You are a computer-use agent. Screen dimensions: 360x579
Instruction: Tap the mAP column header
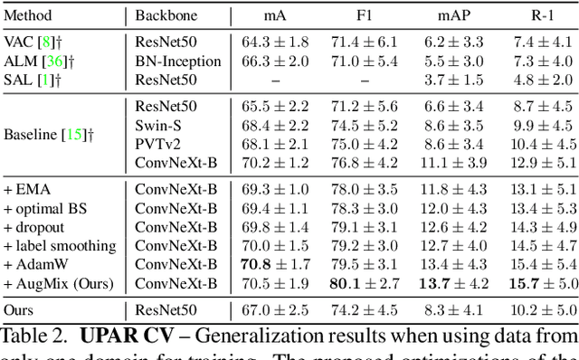coord(455,15)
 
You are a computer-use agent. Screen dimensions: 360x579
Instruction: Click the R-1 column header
coord(544,15)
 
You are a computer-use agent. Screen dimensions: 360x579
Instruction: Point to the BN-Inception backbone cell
coord(178,61)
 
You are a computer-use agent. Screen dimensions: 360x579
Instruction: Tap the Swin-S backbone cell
coord(158,126)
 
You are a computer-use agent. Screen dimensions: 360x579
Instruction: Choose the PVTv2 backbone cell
coord(157,144)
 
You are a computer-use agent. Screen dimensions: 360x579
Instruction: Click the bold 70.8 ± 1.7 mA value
coord(276,264)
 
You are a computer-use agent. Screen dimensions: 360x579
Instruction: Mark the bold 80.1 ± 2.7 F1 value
coord(365,283)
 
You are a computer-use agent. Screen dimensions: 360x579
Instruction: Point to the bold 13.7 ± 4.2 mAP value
coord(455,283)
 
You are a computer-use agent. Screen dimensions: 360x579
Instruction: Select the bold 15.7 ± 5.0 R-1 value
coord(544,283)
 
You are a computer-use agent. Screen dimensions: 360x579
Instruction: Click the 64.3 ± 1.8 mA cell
coord(276,42)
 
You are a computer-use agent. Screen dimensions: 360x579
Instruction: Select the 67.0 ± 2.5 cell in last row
coord(276,310)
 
